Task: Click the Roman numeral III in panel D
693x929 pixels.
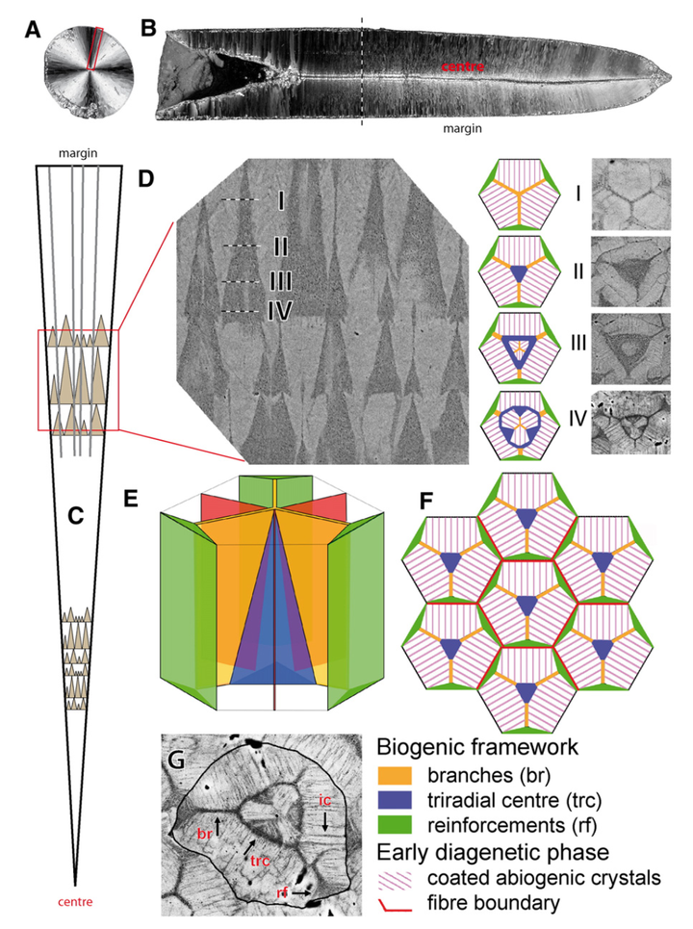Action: pyautogui.click(x=279, y=281)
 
